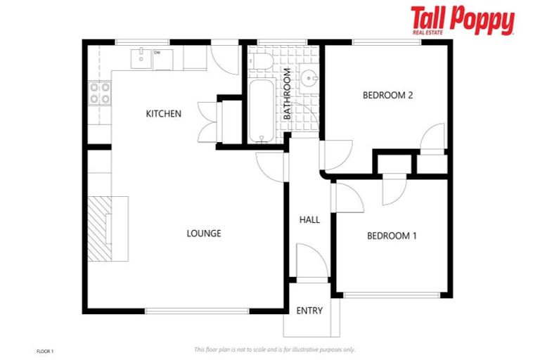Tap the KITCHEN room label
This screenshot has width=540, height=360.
163,113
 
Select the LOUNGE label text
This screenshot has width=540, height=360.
204,233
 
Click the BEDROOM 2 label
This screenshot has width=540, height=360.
387,95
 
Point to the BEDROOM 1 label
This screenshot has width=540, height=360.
392,236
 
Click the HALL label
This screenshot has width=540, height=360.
309,219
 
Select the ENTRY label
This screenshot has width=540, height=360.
309,311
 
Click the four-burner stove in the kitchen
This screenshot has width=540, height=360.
99,94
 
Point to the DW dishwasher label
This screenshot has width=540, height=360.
157,52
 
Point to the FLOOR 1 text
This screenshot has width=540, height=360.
44,350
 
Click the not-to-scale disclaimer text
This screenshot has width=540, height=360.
274,349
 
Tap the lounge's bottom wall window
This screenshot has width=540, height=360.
197,311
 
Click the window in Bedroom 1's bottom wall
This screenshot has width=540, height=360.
392,295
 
